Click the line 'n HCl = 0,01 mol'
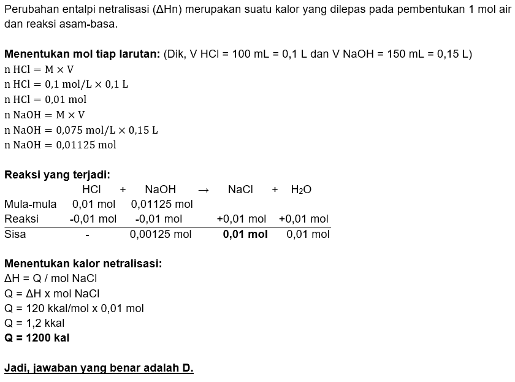[45, 99]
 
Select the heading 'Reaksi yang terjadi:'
[57, 175]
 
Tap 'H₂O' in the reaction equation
[301, 190]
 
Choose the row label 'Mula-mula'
[30, 204]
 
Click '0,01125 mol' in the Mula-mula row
[162, 204]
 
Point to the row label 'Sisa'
[15, 234]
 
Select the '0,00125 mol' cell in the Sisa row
[161, 234]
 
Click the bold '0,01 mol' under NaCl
[245, 234]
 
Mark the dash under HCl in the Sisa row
[87, 234]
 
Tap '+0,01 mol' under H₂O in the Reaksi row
[303, 219]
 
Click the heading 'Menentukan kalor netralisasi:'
[83, 264]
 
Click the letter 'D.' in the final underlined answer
[188, 369]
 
